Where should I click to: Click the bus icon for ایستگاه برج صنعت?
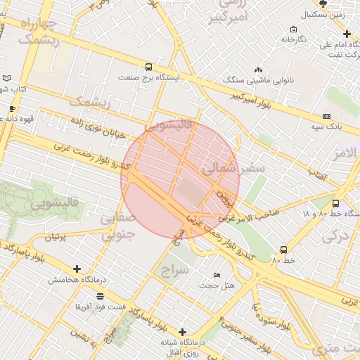pos(148,67)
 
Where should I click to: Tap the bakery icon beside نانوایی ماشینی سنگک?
pos(258,70)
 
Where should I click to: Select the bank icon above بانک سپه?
pos(326,116)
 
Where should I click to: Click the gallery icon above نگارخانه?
pos(293,30)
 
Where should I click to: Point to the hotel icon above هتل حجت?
pos(217,274)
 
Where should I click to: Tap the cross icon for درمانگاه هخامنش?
pos(77,269)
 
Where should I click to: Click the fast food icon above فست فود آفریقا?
pos(101,296)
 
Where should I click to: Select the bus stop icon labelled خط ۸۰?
pos(283,250)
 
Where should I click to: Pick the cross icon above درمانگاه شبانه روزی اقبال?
pos(182,331)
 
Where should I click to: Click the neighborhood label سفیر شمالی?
pos(233,169)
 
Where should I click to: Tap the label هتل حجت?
pos(217,285)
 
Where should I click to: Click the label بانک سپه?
pos(326,127)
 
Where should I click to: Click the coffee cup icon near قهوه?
pos(12,108)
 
